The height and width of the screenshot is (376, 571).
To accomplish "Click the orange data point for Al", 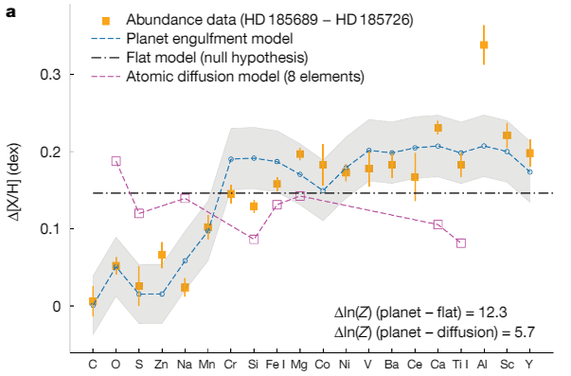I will pos(484,45).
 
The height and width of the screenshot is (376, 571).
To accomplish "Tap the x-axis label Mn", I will pos(207,363).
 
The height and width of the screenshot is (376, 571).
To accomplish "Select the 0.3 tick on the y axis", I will pos(56,75).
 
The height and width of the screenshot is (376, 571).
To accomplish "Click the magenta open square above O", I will pos(116,161).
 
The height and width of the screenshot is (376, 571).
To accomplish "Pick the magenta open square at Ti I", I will pos(461,243).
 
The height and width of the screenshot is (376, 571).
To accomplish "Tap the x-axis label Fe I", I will pos(277,363).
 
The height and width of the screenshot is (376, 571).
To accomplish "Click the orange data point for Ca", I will pos(437,128).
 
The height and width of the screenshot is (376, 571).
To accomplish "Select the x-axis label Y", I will pos(529,363).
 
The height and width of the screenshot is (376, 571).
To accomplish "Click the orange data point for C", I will pos(93,302).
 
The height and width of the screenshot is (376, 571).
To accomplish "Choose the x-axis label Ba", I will pos(392,363).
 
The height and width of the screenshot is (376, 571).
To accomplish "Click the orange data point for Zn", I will pos(162,255).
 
